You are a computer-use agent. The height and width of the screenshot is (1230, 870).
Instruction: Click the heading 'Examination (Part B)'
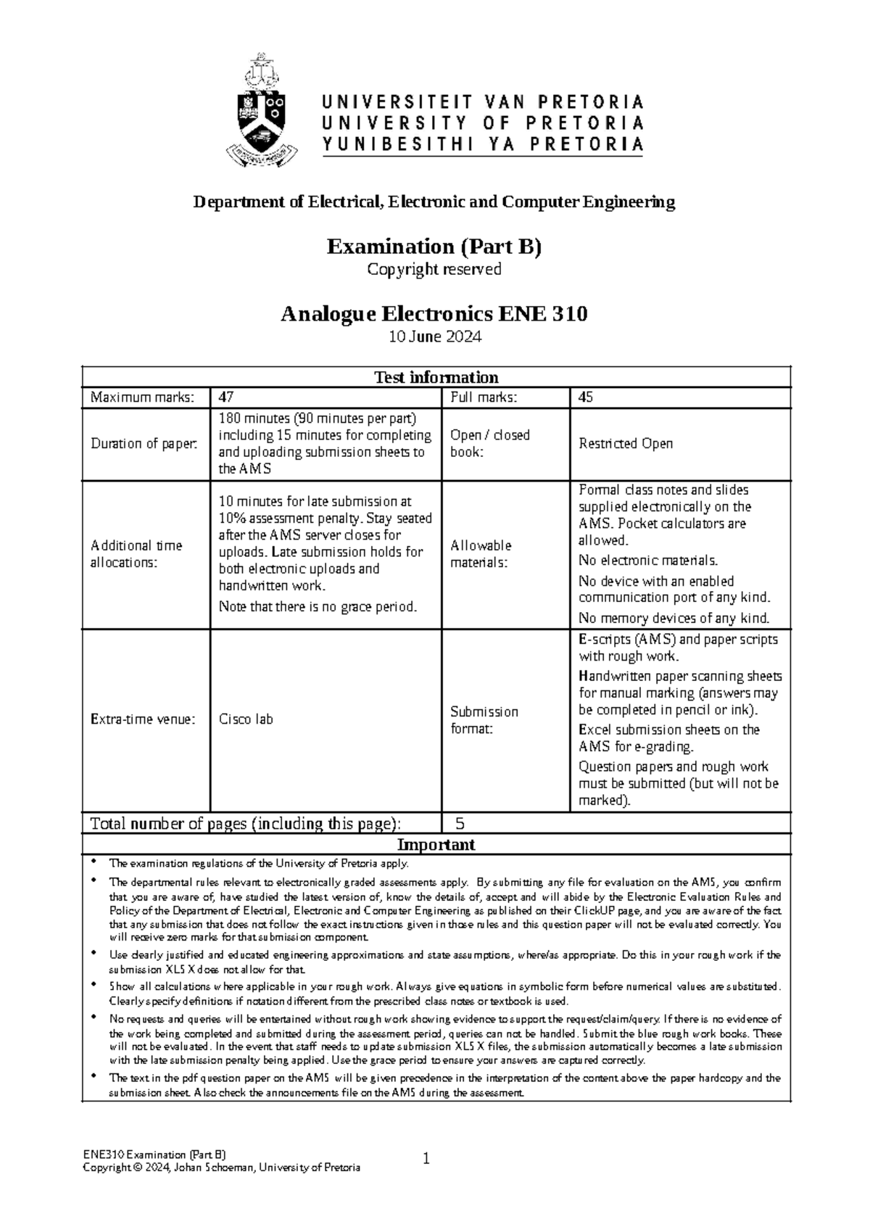434,247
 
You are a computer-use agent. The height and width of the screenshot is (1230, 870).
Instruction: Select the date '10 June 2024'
434,337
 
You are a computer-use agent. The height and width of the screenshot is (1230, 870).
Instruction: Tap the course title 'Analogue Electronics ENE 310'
434,314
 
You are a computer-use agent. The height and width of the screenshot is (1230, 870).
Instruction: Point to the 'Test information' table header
436,377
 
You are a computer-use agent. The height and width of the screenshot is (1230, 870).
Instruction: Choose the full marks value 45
586,397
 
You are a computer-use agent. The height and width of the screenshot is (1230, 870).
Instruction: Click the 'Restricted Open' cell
626,443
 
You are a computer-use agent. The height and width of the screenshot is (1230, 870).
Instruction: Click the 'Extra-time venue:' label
143,719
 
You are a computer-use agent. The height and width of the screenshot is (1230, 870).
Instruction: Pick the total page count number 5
460,823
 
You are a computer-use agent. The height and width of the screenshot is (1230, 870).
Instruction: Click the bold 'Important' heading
436,844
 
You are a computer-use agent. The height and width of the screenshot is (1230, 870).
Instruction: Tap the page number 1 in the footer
427,1159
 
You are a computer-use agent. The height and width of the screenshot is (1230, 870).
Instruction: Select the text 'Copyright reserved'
434,270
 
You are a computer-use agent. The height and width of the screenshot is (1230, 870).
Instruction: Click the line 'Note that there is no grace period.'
318,606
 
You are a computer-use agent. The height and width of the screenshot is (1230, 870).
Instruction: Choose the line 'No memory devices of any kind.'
674,619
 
